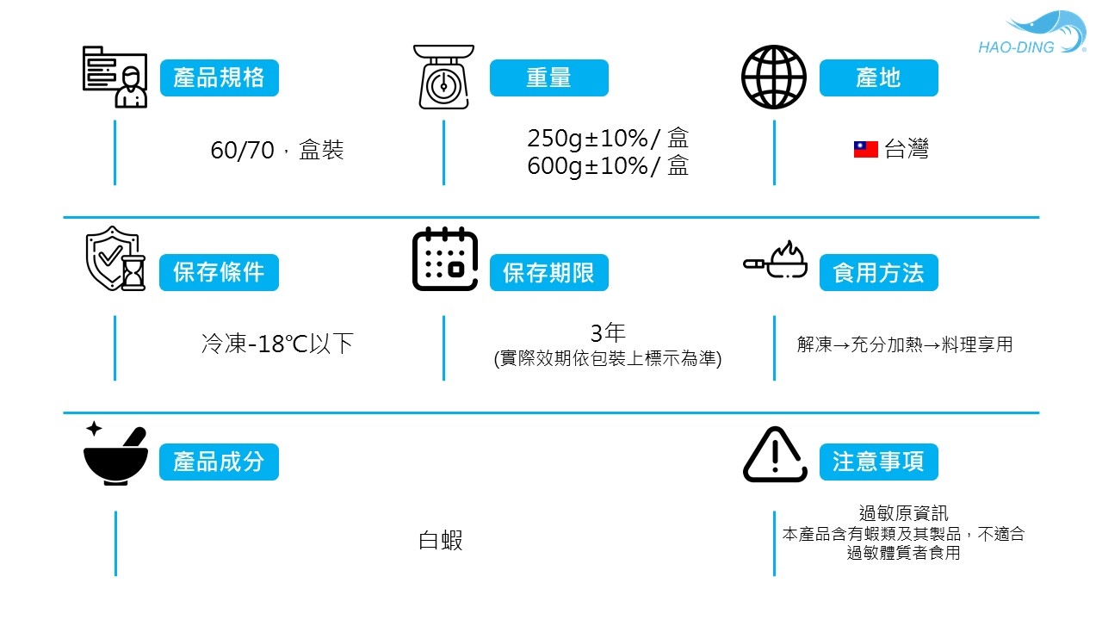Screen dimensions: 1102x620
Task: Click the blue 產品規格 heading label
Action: click(219, 78)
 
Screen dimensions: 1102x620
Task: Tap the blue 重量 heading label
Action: click(548, 78)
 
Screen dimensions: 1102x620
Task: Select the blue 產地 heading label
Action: click(878, 78)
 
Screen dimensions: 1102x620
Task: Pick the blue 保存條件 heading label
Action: click(219, 273)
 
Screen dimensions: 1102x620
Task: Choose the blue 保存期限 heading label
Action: click(548, 273)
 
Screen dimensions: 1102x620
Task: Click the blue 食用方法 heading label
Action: click(878, 273)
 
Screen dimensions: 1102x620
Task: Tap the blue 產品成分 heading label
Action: click(219, 462)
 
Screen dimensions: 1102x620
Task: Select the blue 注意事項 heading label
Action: click(878, 462)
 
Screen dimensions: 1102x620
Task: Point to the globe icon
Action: click(774, 77)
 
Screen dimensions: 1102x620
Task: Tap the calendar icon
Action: click(445, 259)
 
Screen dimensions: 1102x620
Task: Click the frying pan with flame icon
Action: click(776, 260)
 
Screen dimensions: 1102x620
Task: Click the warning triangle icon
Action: click(775, 455)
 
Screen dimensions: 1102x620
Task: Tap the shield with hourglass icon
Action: click(115, 260)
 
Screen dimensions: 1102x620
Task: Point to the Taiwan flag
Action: click(865, 150)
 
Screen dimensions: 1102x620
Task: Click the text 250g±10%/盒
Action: click(608, 139)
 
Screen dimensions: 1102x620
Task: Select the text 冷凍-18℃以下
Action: click(277, 344)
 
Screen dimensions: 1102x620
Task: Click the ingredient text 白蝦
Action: click(441, 541)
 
